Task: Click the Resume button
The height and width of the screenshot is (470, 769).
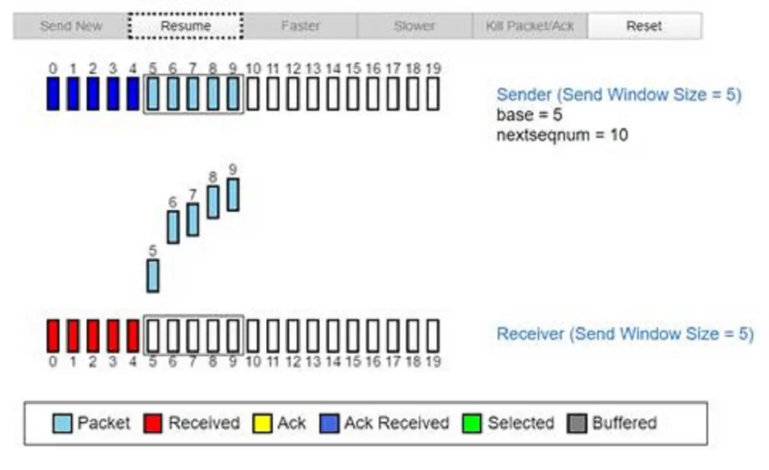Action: pos(186,26)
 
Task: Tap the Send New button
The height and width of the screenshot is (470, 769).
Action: pos(71,26)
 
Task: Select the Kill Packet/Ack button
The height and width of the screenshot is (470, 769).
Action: pos(529,26)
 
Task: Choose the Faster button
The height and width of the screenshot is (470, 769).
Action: pos(300,26)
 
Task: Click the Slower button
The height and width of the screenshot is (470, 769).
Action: pos(415,26)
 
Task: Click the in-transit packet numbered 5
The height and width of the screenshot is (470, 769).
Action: pos(153,276)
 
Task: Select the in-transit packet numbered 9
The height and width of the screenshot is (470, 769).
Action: pos(233,195)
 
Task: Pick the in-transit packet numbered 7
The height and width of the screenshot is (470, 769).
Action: pos(193,220)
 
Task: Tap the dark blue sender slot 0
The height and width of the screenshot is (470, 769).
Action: pos(53,93)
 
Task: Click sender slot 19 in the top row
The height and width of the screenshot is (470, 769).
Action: pos(433,93)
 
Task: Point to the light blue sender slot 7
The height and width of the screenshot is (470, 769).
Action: pos(193,93)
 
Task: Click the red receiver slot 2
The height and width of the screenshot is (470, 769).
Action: pos(93,336)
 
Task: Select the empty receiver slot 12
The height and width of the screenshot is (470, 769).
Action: pos(293,336)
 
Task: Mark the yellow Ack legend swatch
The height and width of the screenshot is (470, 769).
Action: pos(263,423)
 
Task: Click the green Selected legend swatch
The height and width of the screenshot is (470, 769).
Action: pos(472,423)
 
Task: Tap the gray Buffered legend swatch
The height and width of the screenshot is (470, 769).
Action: pos(577,423)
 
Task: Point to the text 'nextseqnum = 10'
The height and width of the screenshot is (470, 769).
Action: pos(562,135)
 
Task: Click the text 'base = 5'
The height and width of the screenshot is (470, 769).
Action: pos(529,115)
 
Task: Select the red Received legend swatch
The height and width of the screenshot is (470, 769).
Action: pos(153,423)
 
